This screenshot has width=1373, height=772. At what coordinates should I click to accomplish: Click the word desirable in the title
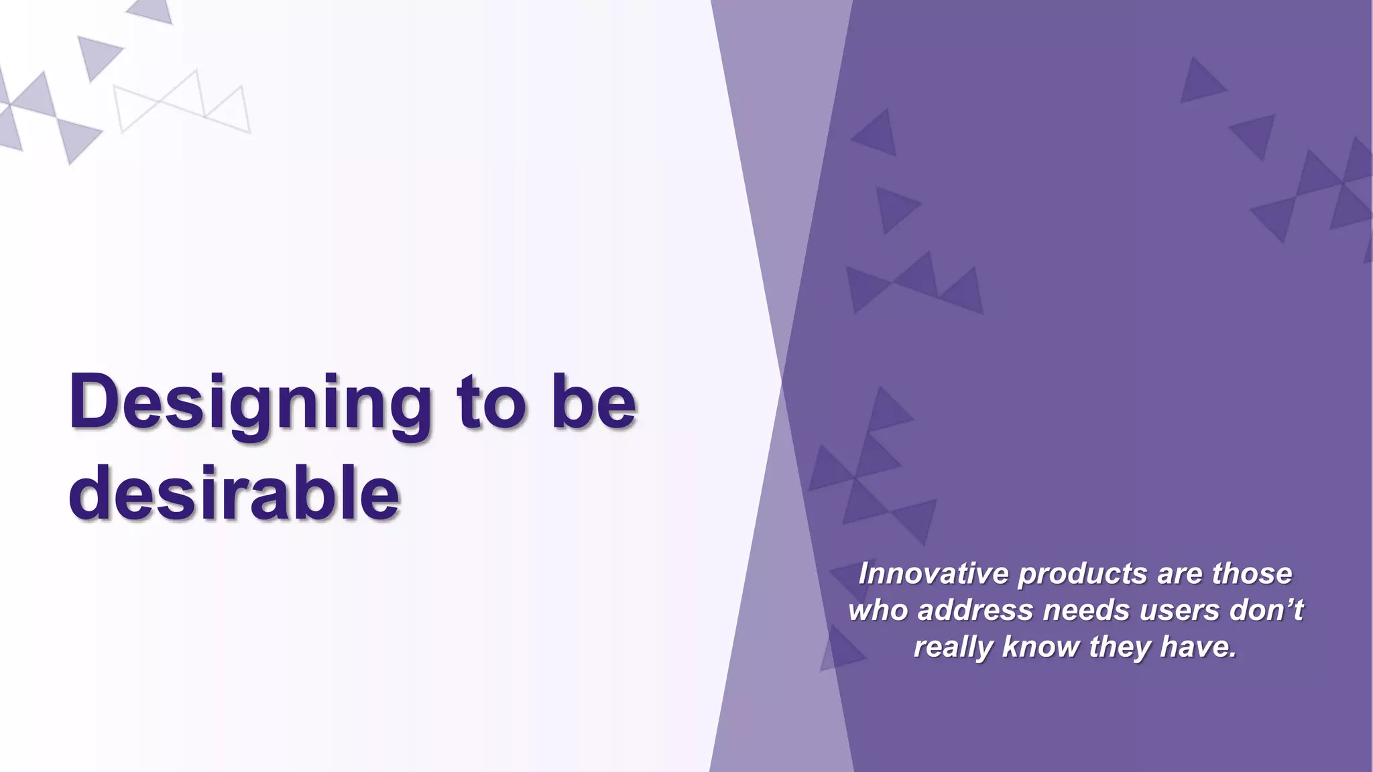click(234, 494)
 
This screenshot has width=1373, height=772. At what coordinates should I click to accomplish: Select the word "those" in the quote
click(1252, 574)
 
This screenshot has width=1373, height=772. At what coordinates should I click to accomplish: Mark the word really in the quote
click(954, 647)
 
